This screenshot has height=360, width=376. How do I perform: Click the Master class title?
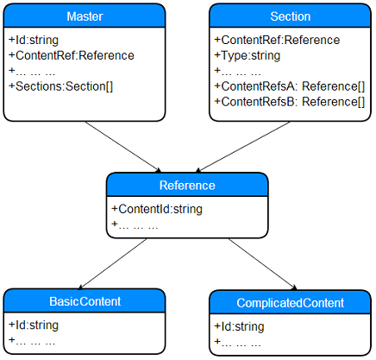(85, 16)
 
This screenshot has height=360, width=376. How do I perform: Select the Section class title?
(291, 16)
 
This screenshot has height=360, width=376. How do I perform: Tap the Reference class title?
(187, 186)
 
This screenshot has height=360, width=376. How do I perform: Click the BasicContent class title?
(85, 301)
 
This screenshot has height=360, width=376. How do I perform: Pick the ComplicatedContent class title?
(291, 303)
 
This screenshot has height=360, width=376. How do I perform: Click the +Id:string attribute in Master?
(34, 40)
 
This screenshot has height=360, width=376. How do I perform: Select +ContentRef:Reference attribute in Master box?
(72, 55)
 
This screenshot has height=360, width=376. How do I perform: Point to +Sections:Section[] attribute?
(61, 86)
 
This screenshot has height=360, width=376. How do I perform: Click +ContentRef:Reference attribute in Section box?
(277, 40)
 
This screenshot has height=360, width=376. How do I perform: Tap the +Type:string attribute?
(248, 55)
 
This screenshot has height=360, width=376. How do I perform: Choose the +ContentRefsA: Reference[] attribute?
(290, 86)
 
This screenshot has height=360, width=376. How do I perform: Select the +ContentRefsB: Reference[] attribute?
(290, 102)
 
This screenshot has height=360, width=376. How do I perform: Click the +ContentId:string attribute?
(157, 209)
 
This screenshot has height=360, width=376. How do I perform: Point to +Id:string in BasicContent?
(34, 325)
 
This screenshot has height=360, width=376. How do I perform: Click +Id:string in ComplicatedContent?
(239, 326)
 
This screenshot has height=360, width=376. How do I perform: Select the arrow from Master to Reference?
(123, 147)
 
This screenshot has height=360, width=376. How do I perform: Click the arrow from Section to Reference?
(242, 147)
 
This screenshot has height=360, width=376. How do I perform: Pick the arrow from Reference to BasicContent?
(112, 263)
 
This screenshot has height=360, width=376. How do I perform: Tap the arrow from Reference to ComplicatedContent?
(262, 264)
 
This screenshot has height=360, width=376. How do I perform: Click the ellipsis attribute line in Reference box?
(135, 224)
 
